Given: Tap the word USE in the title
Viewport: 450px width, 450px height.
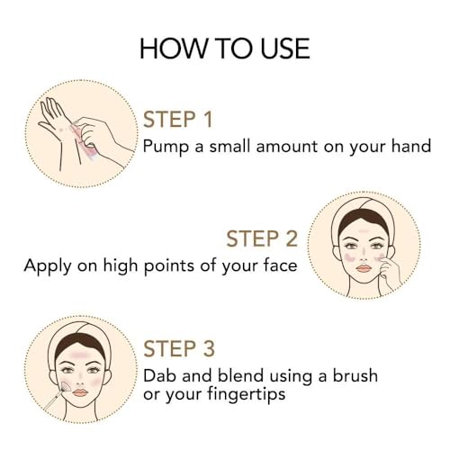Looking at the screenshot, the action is tap(285, 49).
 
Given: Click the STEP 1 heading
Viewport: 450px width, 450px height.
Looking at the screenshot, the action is tap(178, 120).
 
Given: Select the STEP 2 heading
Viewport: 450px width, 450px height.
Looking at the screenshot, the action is tap(262, 238).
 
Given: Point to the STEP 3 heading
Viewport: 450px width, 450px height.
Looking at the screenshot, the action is tap(179, 348).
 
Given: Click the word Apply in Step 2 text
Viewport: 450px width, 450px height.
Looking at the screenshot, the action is tap(48, 266).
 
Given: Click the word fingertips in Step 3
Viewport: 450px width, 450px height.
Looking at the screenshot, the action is tap(247, 394).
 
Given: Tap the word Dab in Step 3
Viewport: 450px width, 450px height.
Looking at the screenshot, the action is tap(159, 375).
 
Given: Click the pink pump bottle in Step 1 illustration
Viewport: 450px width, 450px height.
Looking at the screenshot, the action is tap(82, 139).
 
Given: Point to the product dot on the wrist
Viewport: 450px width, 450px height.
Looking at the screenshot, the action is tap(61, 130).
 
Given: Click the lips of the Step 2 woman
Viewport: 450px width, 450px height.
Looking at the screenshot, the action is tap(364, 268).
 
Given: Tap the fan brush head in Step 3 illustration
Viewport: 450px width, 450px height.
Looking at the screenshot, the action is tap(66, 387).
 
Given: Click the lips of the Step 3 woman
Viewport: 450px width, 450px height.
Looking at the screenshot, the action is tap(79, 392).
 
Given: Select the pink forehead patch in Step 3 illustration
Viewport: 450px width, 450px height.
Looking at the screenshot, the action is tap(79, 355).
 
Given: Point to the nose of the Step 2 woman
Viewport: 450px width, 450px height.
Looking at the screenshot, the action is tap(364, 256).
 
